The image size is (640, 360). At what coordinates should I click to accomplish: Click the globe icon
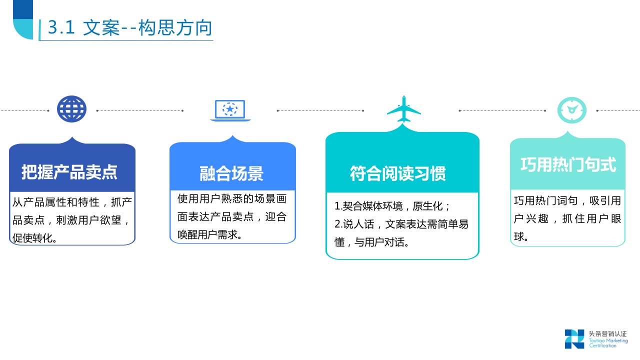[x=72, y=108]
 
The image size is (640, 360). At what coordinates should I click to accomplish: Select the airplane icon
[x=404, y=109]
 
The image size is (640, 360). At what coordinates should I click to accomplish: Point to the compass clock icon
[x=571, y=109]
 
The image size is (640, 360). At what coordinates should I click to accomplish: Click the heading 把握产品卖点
[x=69, y=171]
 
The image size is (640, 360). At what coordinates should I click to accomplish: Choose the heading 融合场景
[x=231, y=173]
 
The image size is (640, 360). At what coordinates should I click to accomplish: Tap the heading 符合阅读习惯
[x=397, y=173]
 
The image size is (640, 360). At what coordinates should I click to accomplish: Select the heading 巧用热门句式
[x=568, y=164]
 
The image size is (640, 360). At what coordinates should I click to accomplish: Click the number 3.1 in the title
[x=61, y=28]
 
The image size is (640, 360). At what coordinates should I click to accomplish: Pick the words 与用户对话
[x=382, y=242]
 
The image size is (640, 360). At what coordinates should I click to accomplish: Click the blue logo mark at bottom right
[x=574, y=338]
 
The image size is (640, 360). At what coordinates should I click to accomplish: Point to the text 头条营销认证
[x=607, y=334]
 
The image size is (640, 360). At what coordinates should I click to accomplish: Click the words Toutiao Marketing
[x=608, y=340]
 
